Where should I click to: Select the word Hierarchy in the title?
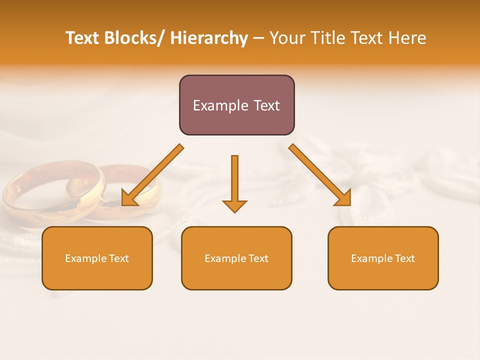point(209,38)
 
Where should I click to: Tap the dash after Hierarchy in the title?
point(258,38)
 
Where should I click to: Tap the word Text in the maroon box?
point(266,105)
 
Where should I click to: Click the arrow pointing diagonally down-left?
point(152,175)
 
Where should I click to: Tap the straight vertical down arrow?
point(234,180)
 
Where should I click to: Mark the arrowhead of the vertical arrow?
point(234,205)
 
